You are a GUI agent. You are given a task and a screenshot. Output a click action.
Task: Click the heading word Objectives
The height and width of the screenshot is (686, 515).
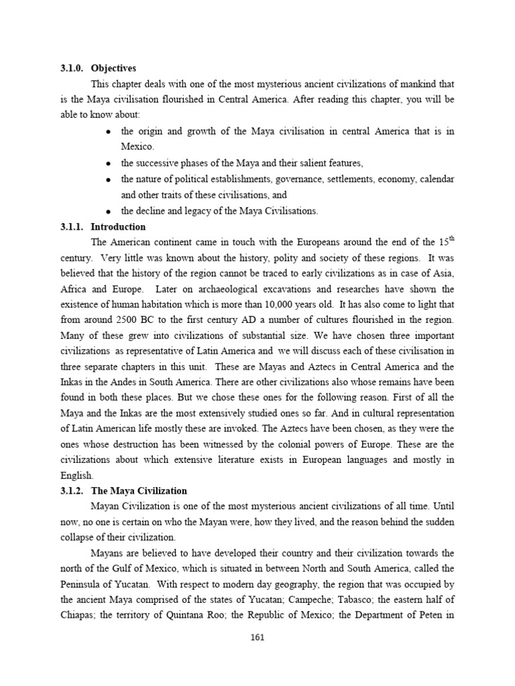113,68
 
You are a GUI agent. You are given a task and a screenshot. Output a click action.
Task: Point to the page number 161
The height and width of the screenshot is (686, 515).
257,637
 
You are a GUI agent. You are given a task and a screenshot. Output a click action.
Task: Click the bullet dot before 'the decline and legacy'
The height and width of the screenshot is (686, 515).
108,212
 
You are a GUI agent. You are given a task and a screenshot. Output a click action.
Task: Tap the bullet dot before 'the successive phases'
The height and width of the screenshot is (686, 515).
108,163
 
